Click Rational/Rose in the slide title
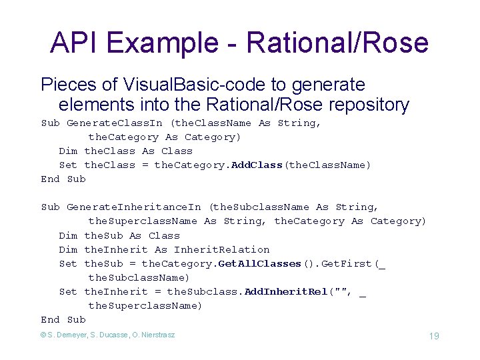pos(337,43)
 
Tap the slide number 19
pos(433,336)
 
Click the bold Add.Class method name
pos(257,165)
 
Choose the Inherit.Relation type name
pos(221,249)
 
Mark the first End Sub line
pos(63,179)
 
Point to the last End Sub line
pos(63,319)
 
